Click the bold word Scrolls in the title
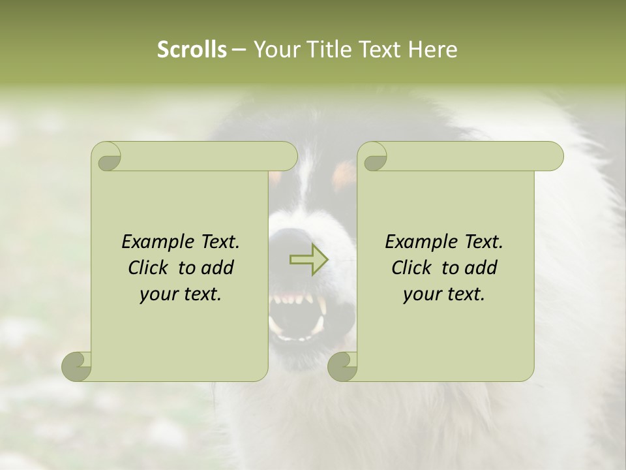[x=192, y=50]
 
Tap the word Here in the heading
[x=432, y=50]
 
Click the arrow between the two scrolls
[x=308, y=260]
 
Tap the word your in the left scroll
[x=156, y=294]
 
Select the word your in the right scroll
[x=420, y=294]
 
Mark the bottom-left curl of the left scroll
[x=76, y=366]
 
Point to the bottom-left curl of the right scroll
[x=342, y=366]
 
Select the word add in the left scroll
[x=218, y=268]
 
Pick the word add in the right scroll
[x=481, y=268]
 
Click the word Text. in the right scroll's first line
[x=483, y=242]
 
